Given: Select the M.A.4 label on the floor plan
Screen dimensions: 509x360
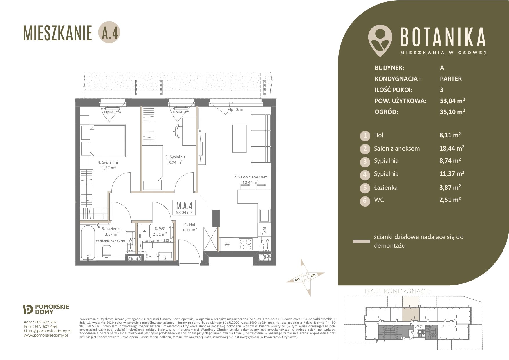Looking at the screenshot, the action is click(184, 205).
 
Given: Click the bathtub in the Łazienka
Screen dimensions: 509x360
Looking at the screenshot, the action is click(88, 243).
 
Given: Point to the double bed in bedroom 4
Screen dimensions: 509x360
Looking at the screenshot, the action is click(103, 141).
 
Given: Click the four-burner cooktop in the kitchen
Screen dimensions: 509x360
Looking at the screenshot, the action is click(245, 244).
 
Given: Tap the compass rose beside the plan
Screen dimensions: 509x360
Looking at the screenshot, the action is click(306, 277).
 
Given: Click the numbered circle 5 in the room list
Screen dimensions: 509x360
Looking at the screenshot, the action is click(365, 188).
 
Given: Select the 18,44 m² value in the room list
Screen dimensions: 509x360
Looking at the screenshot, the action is click(452, 148).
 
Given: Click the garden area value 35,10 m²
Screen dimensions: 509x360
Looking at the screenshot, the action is click(452, 112).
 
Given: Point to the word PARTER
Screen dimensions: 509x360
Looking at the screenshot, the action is click(451, 79).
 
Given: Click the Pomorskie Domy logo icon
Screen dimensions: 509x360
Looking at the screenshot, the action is click(28, 310).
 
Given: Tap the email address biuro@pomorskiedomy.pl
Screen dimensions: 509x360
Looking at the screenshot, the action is click(47, 331).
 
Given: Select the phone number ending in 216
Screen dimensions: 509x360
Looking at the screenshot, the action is click(40, 322).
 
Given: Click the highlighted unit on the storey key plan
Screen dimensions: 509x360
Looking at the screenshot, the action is click(411, 309).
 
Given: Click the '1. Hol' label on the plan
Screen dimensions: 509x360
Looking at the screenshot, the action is click(190, 225).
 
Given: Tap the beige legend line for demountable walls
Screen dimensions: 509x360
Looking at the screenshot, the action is click(361, 241).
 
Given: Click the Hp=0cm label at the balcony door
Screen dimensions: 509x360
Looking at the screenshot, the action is click(236, 110).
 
